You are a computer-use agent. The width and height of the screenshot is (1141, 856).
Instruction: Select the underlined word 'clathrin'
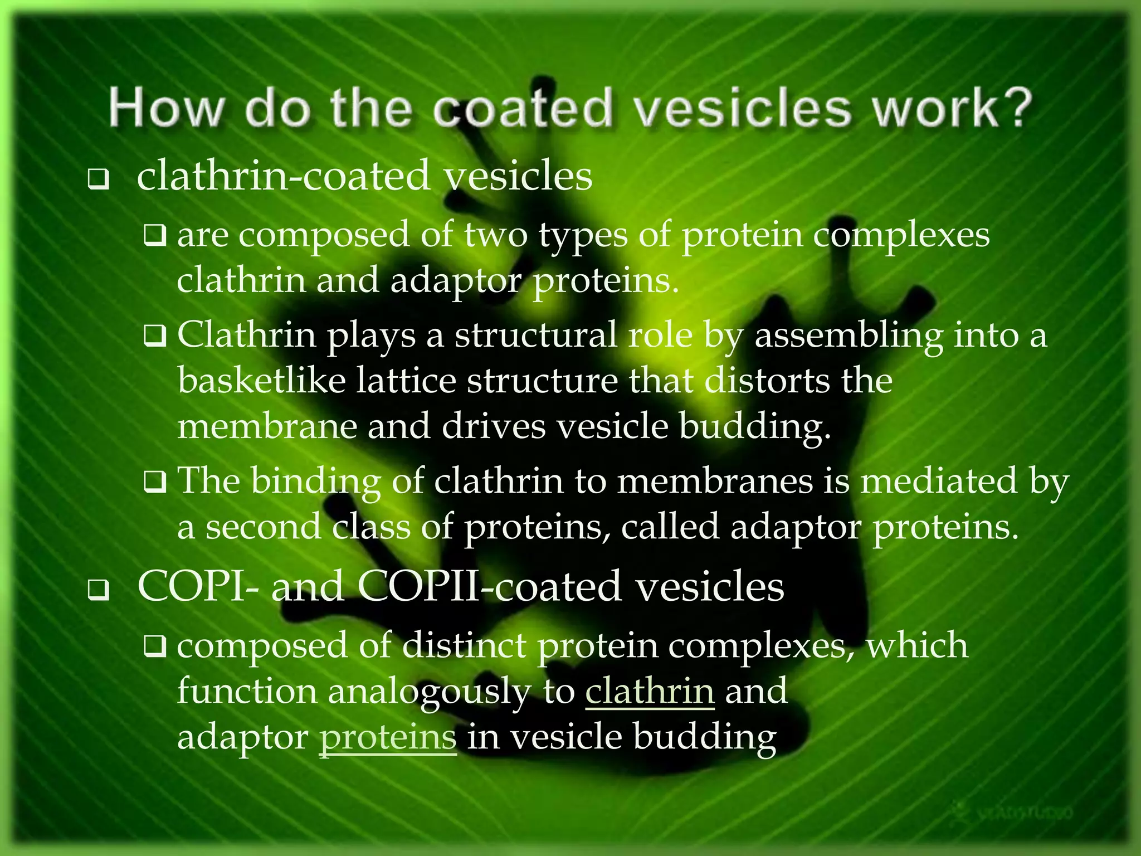tap(650, 691)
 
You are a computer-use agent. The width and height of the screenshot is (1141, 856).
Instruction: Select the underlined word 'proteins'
tap(387, 737)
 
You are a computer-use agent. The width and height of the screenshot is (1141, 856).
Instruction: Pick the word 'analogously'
tap(430, 692)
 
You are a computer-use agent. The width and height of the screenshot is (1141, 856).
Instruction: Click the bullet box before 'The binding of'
tap(154, 482)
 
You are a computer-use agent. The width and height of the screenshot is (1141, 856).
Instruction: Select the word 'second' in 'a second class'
tap(263, 527)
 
